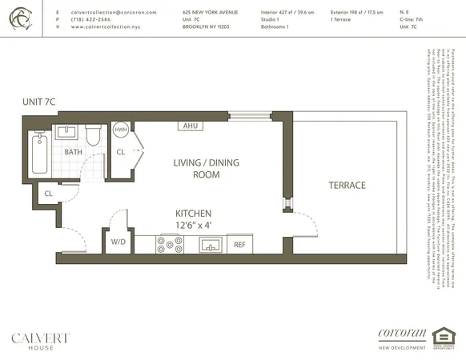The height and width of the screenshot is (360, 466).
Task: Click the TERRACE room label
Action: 347,186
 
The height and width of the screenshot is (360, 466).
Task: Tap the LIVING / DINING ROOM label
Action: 196,169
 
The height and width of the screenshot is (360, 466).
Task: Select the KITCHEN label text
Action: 194,214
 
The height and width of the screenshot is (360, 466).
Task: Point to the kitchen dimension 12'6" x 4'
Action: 194,226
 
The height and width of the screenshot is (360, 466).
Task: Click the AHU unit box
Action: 191,126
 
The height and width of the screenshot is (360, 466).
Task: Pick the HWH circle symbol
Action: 120,129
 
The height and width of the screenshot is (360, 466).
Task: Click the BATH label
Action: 74,152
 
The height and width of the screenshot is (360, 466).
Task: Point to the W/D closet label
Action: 118,242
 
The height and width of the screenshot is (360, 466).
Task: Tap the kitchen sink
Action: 211,244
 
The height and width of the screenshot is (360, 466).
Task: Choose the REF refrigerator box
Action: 239,245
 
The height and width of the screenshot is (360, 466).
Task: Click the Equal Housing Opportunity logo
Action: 442,338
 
